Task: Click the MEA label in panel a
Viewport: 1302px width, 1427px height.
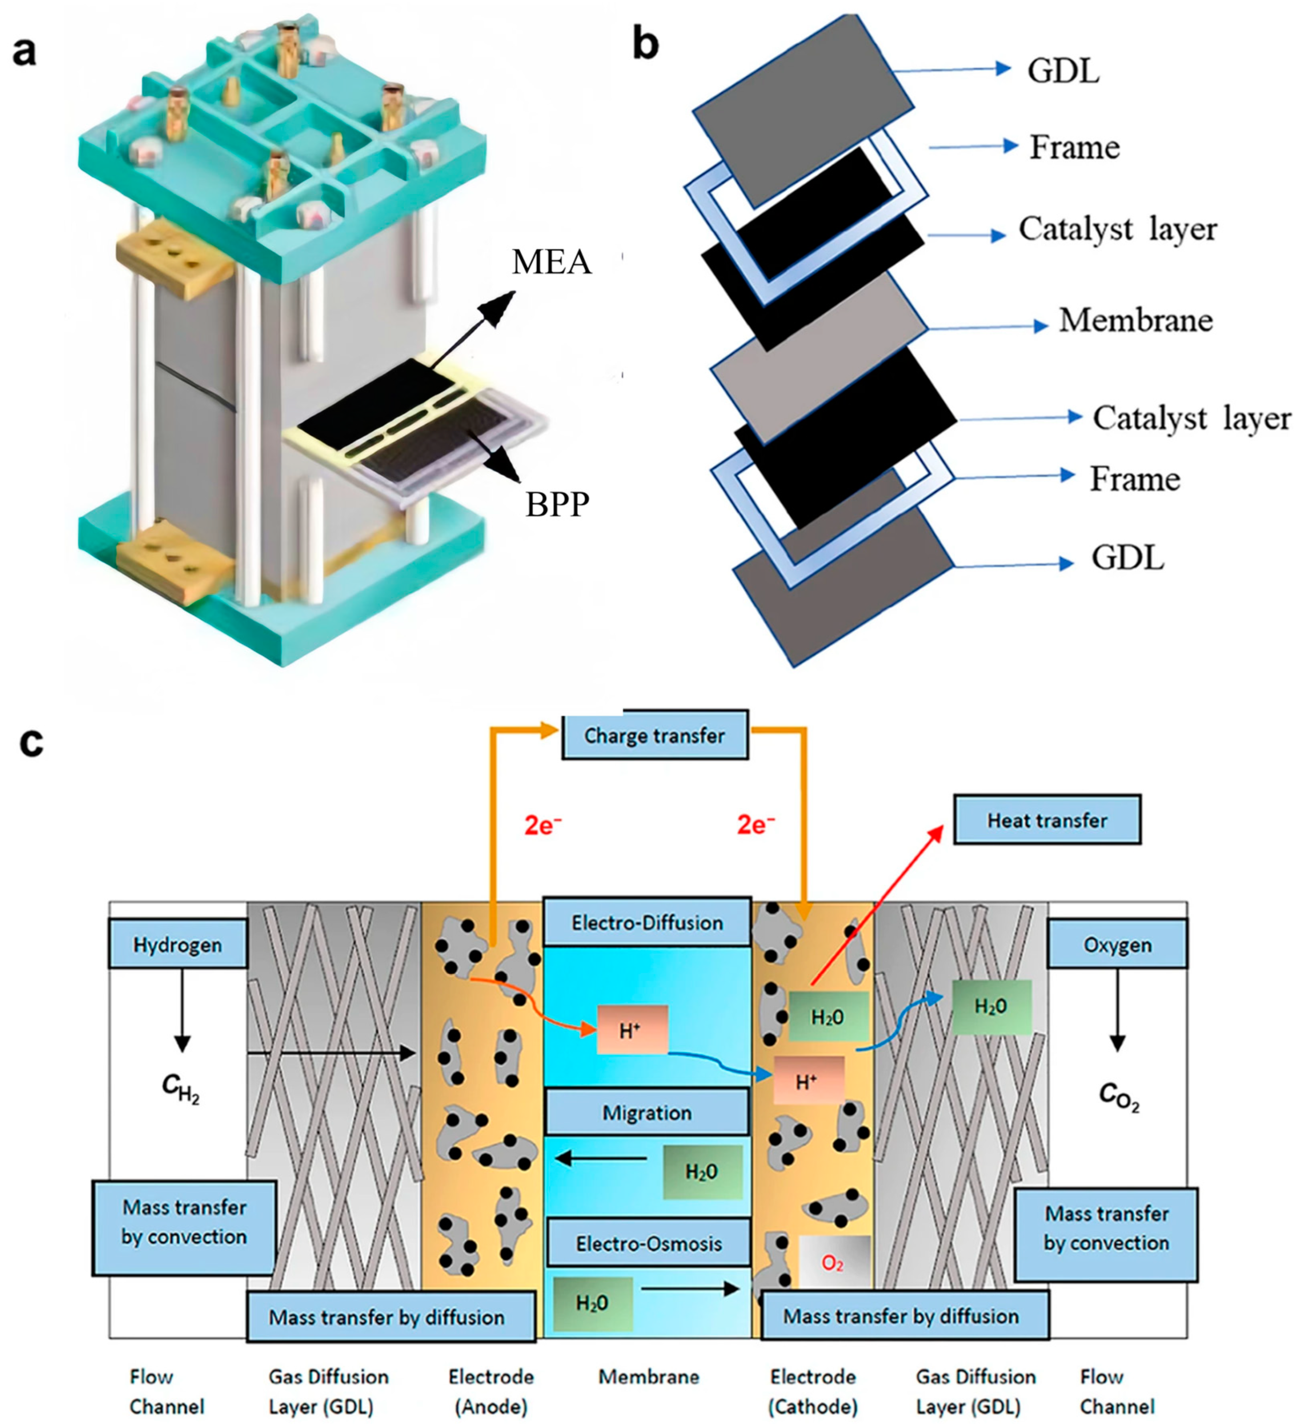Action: (551, 262)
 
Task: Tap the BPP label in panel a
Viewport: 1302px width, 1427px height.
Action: (557, 505)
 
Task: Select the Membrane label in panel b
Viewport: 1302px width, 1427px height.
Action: (1135, 321)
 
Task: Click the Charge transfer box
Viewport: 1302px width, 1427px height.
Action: (654, 736)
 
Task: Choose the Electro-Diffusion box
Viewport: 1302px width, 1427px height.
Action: (647, 923)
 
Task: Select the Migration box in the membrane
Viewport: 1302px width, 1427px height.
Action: (647, 1113)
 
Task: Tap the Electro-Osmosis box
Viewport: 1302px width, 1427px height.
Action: (648, 1244)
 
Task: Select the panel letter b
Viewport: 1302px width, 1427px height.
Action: (645, 44)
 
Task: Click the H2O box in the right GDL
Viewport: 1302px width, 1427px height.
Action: (991, 1006)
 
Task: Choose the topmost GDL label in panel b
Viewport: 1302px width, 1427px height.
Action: (1063, 71)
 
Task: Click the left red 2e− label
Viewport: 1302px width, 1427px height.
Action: (543, 825)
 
